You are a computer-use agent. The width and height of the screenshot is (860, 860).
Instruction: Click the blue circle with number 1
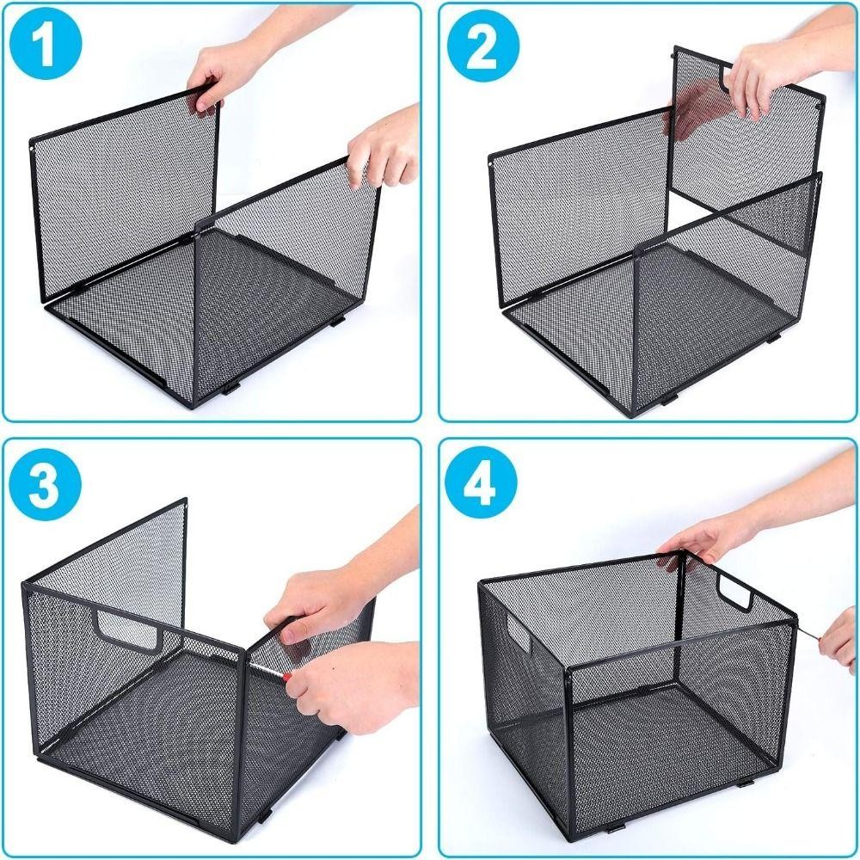click(x=46, y=45)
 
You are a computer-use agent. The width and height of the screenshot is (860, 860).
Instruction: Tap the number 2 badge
click(x=482, y=45)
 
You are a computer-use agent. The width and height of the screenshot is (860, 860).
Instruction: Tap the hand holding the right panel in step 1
click(x=384, y=148)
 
